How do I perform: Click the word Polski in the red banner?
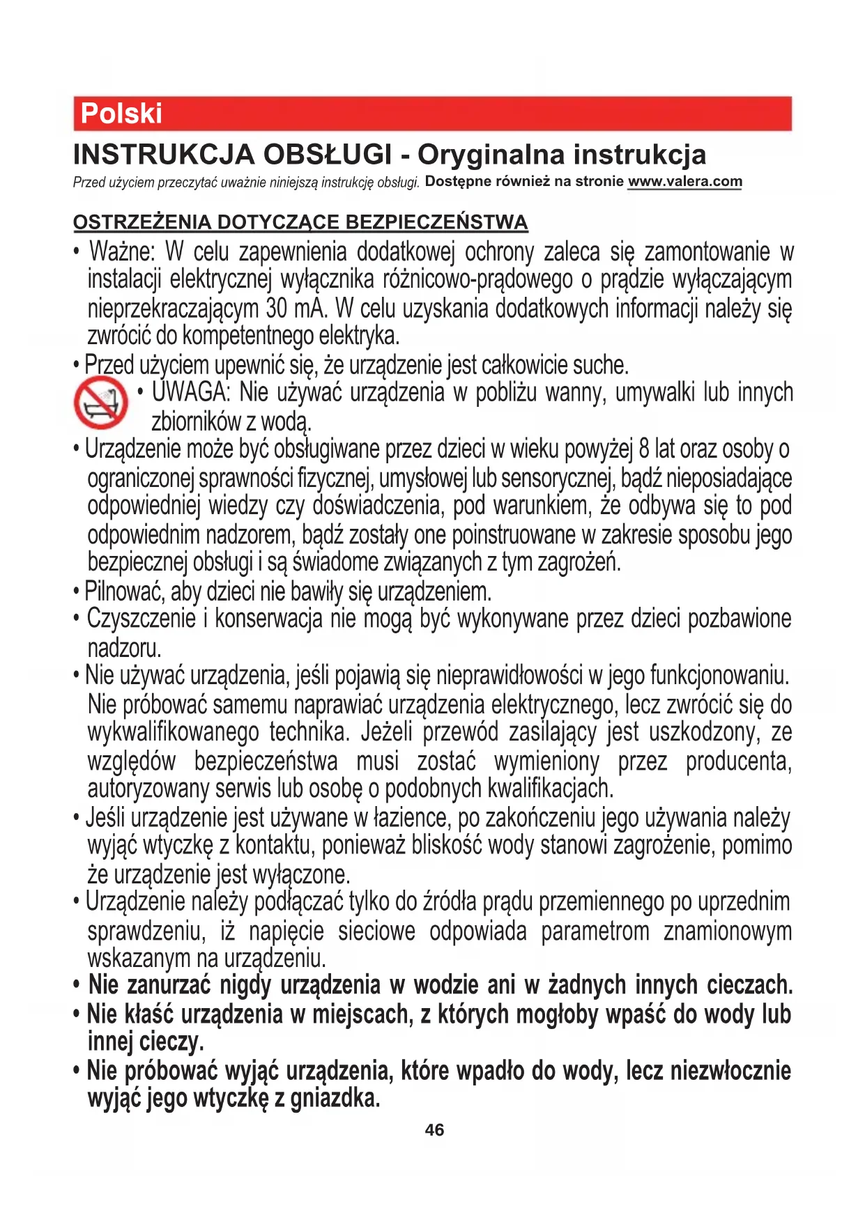click(x=121, y=114)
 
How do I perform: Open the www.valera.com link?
click(x=684, y=182)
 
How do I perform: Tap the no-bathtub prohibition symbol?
click(x=101, y=403)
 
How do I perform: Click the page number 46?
click(x=434, y=1130)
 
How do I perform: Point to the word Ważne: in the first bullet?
click(x=123, y=252)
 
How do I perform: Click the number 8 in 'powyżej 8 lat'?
click(x=644, y=449)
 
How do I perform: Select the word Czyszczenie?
click(x=141, y=619)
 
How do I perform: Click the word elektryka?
click(x=359, y=336)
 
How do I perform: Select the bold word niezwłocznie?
click(x=730, y=1070)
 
